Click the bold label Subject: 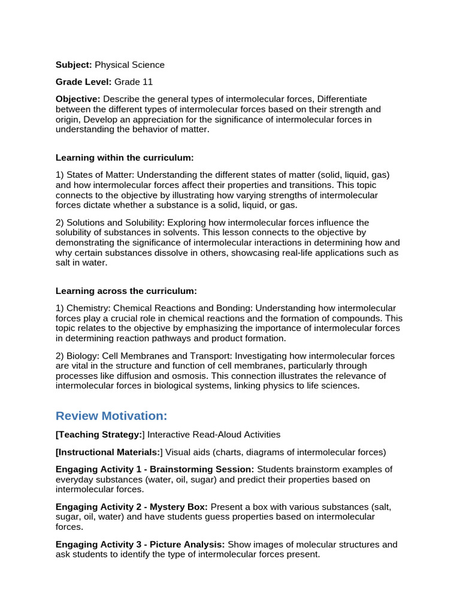pyautogui.click(x=74, y=65)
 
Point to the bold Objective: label pyautogui.click(x=78, y=99)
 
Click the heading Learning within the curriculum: pyautogui.click(x=125, y=157)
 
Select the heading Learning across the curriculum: pyautogui.click(x=126, y=291)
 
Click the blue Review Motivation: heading pyautogui.click(x=111, y=416)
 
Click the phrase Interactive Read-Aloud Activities pyautogui.click(x=214, y=435)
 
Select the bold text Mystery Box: pyautogui.click(x=180, y=507)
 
